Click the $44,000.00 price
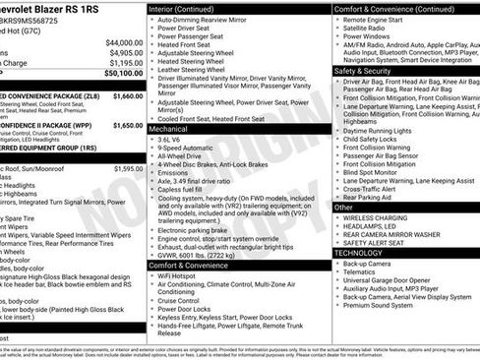124,42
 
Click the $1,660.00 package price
128,96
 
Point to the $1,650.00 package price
128,126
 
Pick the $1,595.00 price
128,168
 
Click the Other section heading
343,208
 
